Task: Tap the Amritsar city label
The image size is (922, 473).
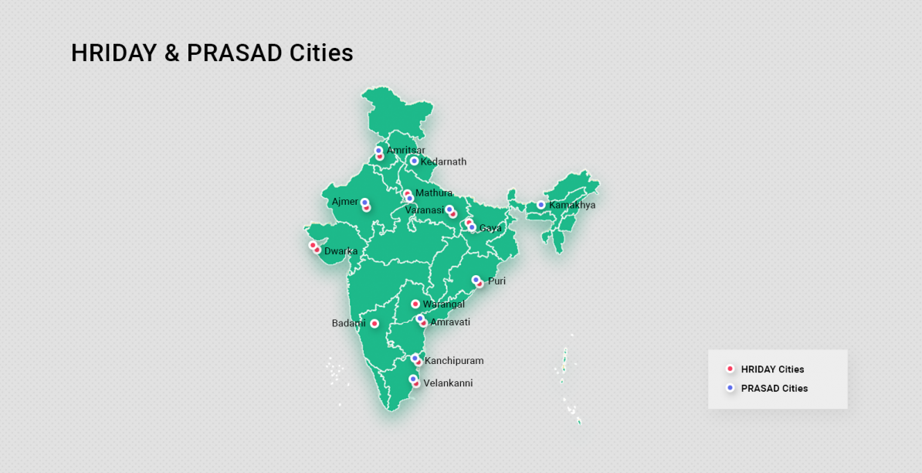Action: pyautogui.click(x=405, y=150)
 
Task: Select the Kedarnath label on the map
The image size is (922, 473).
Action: pyautogui.click(x=443, y=162)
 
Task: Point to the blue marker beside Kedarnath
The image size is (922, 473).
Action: pyautogui.click(x=414, y=161)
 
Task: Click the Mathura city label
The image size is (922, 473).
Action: pyautogui.click(x=434, y=192)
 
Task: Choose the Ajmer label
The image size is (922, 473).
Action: pyautogui.click(x=344, y=202)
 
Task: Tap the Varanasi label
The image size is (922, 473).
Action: pyautogui.click(x=424, y=210)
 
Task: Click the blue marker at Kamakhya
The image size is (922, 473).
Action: pyautogui.click(x=541, y=205)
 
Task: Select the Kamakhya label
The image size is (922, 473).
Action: pyautogui.click(x=572, y=205)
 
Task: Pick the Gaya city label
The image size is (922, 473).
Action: pyautogui.click(x=490, y=228)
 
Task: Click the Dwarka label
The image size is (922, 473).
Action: pyautogui.click(x=341, y=251)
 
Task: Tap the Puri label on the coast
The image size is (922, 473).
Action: pyautogui.click(x=497, y=281)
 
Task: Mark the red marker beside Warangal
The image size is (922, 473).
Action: pyautogui.click(x=415, y=305)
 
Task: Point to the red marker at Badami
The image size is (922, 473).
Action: pyautogui.click(x=375, y=324)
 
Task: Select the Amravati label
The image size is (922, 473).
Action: pyautogui.click(x=450, y=322)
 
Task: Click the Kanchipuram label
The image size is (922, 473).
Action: pyautogui.click(x=454, y=361)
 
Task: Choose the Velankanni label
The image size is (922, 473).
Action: pyautogui.click(x=448, y=383)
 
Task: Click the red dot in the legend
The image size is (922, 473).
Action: pyautogui.click(x=730, y=369)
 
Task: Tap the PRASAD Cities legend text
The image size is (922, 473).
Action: pyautogui.click(x=775, y=388)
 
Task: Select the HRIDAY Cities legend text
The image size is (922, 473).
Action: pyautogui.click(x=772, y=369)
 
